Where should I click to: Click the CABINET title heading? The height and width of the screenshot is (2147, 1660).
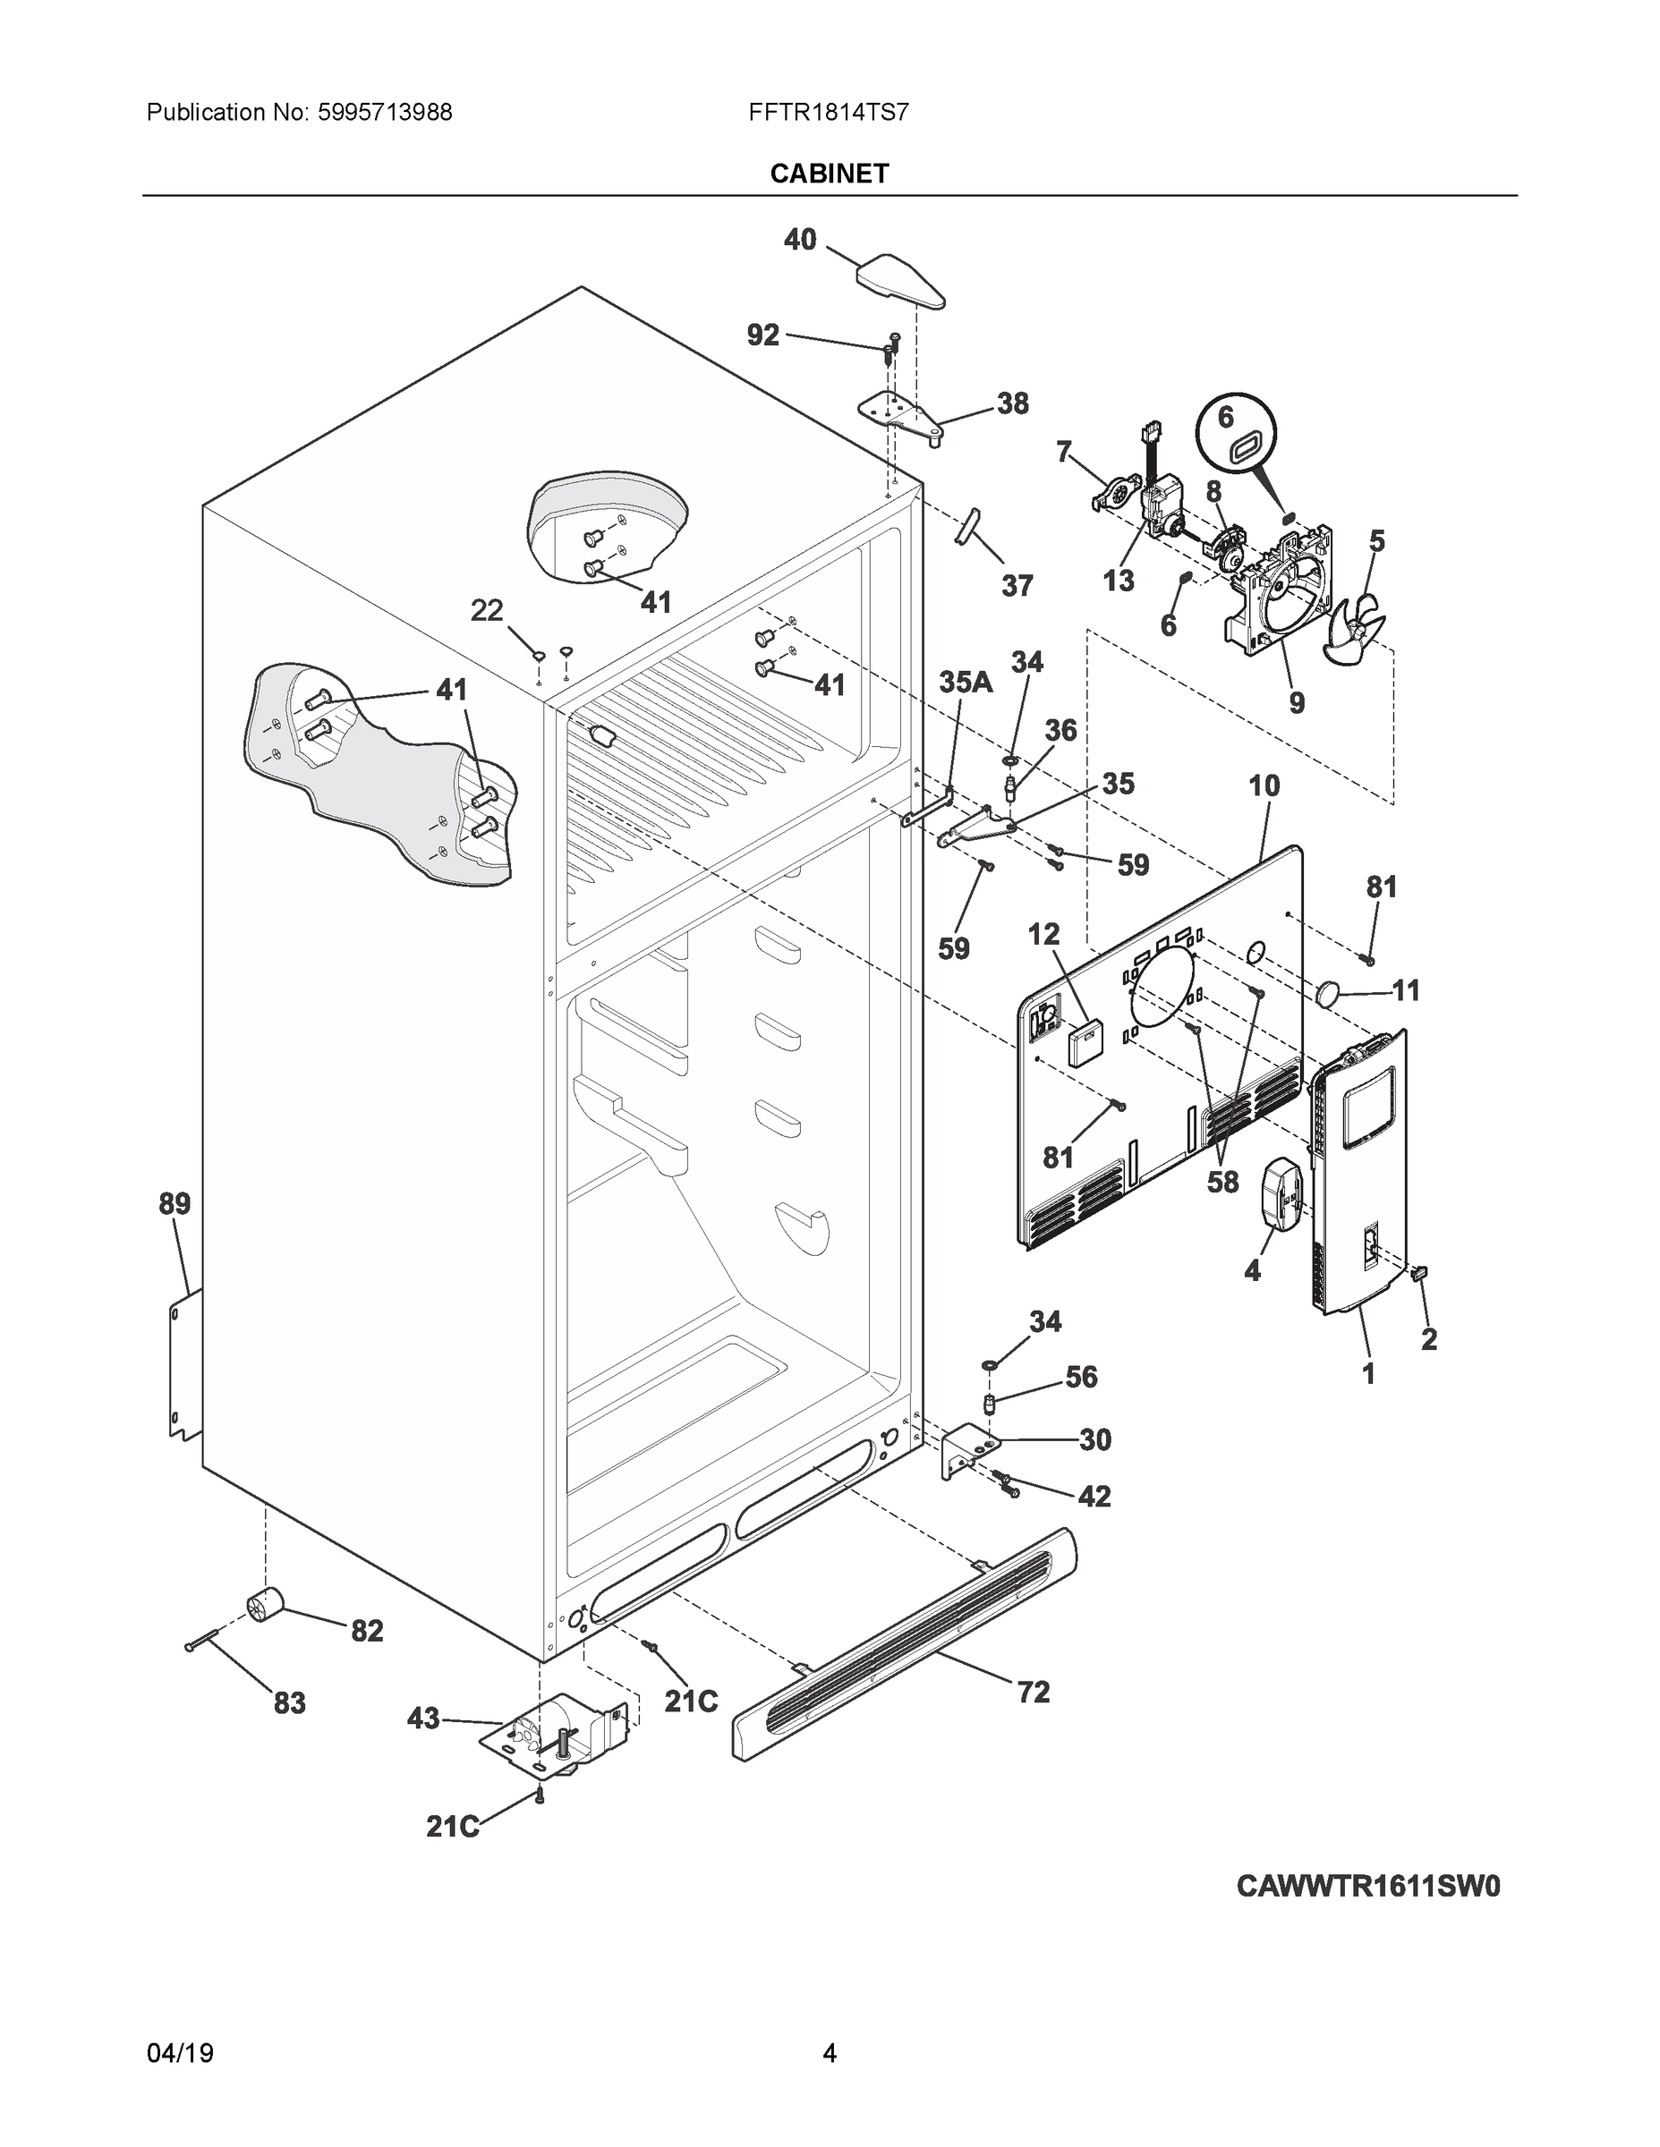[829, 174]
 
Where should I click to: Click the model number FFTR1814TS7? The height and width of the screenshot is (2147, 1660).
[828, 113]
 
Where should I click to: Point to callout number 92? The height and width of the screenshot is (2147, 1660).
[763, 336]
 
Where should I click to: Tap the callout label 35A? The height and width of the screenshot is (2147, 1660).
[966, 683]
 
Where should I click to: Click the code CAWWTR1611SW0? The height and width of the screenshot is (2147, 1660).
[1367, 1887]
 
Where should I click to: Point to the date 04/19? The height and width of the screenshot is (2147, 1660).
[180, 2054]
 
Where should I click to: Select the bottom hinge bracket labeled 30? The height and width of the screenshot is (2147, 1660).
[970, 1449]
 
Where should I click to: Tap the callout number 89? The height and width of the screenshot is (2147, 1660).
[175, 1203]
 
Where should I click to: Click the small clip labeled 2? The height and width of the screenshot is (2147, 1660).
[1419, 1274]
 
